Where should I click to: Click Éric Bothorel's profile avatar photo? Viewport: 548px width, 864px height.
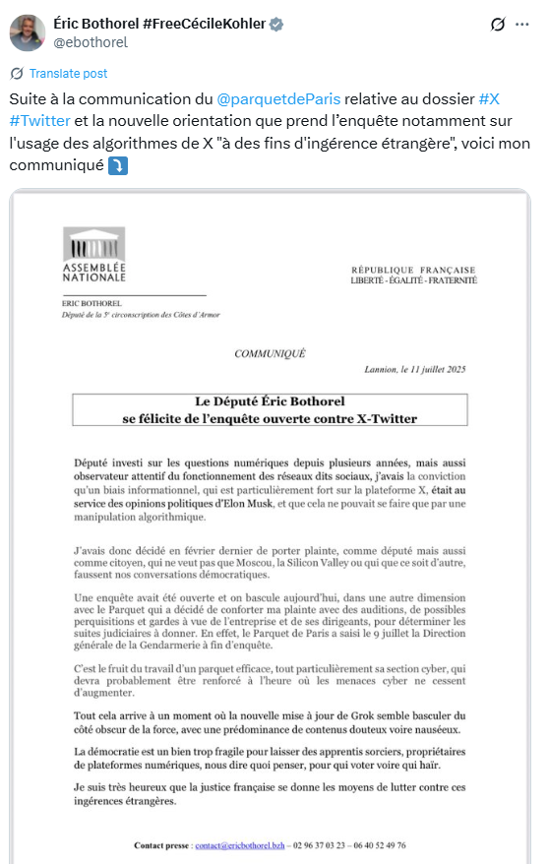point(27,32)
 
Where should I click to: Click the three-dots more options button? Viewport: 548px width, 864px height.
point(522,25)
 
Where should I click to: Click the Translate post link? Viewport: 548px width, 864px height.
point(68,74)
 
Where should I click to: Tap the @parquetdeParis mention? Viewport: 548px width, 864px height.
point(279,100)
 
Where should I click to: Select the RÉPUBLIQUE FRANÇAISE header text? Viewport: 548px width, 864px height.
point(413,270)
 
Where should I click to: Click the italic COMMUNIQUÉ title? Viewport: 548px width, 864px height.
point(270,352)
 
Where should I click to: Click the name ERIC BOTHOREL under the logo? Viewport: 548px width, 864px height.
point(88,303)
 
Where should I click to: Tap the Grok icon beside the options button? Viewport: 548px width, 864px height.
point(498,25)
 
